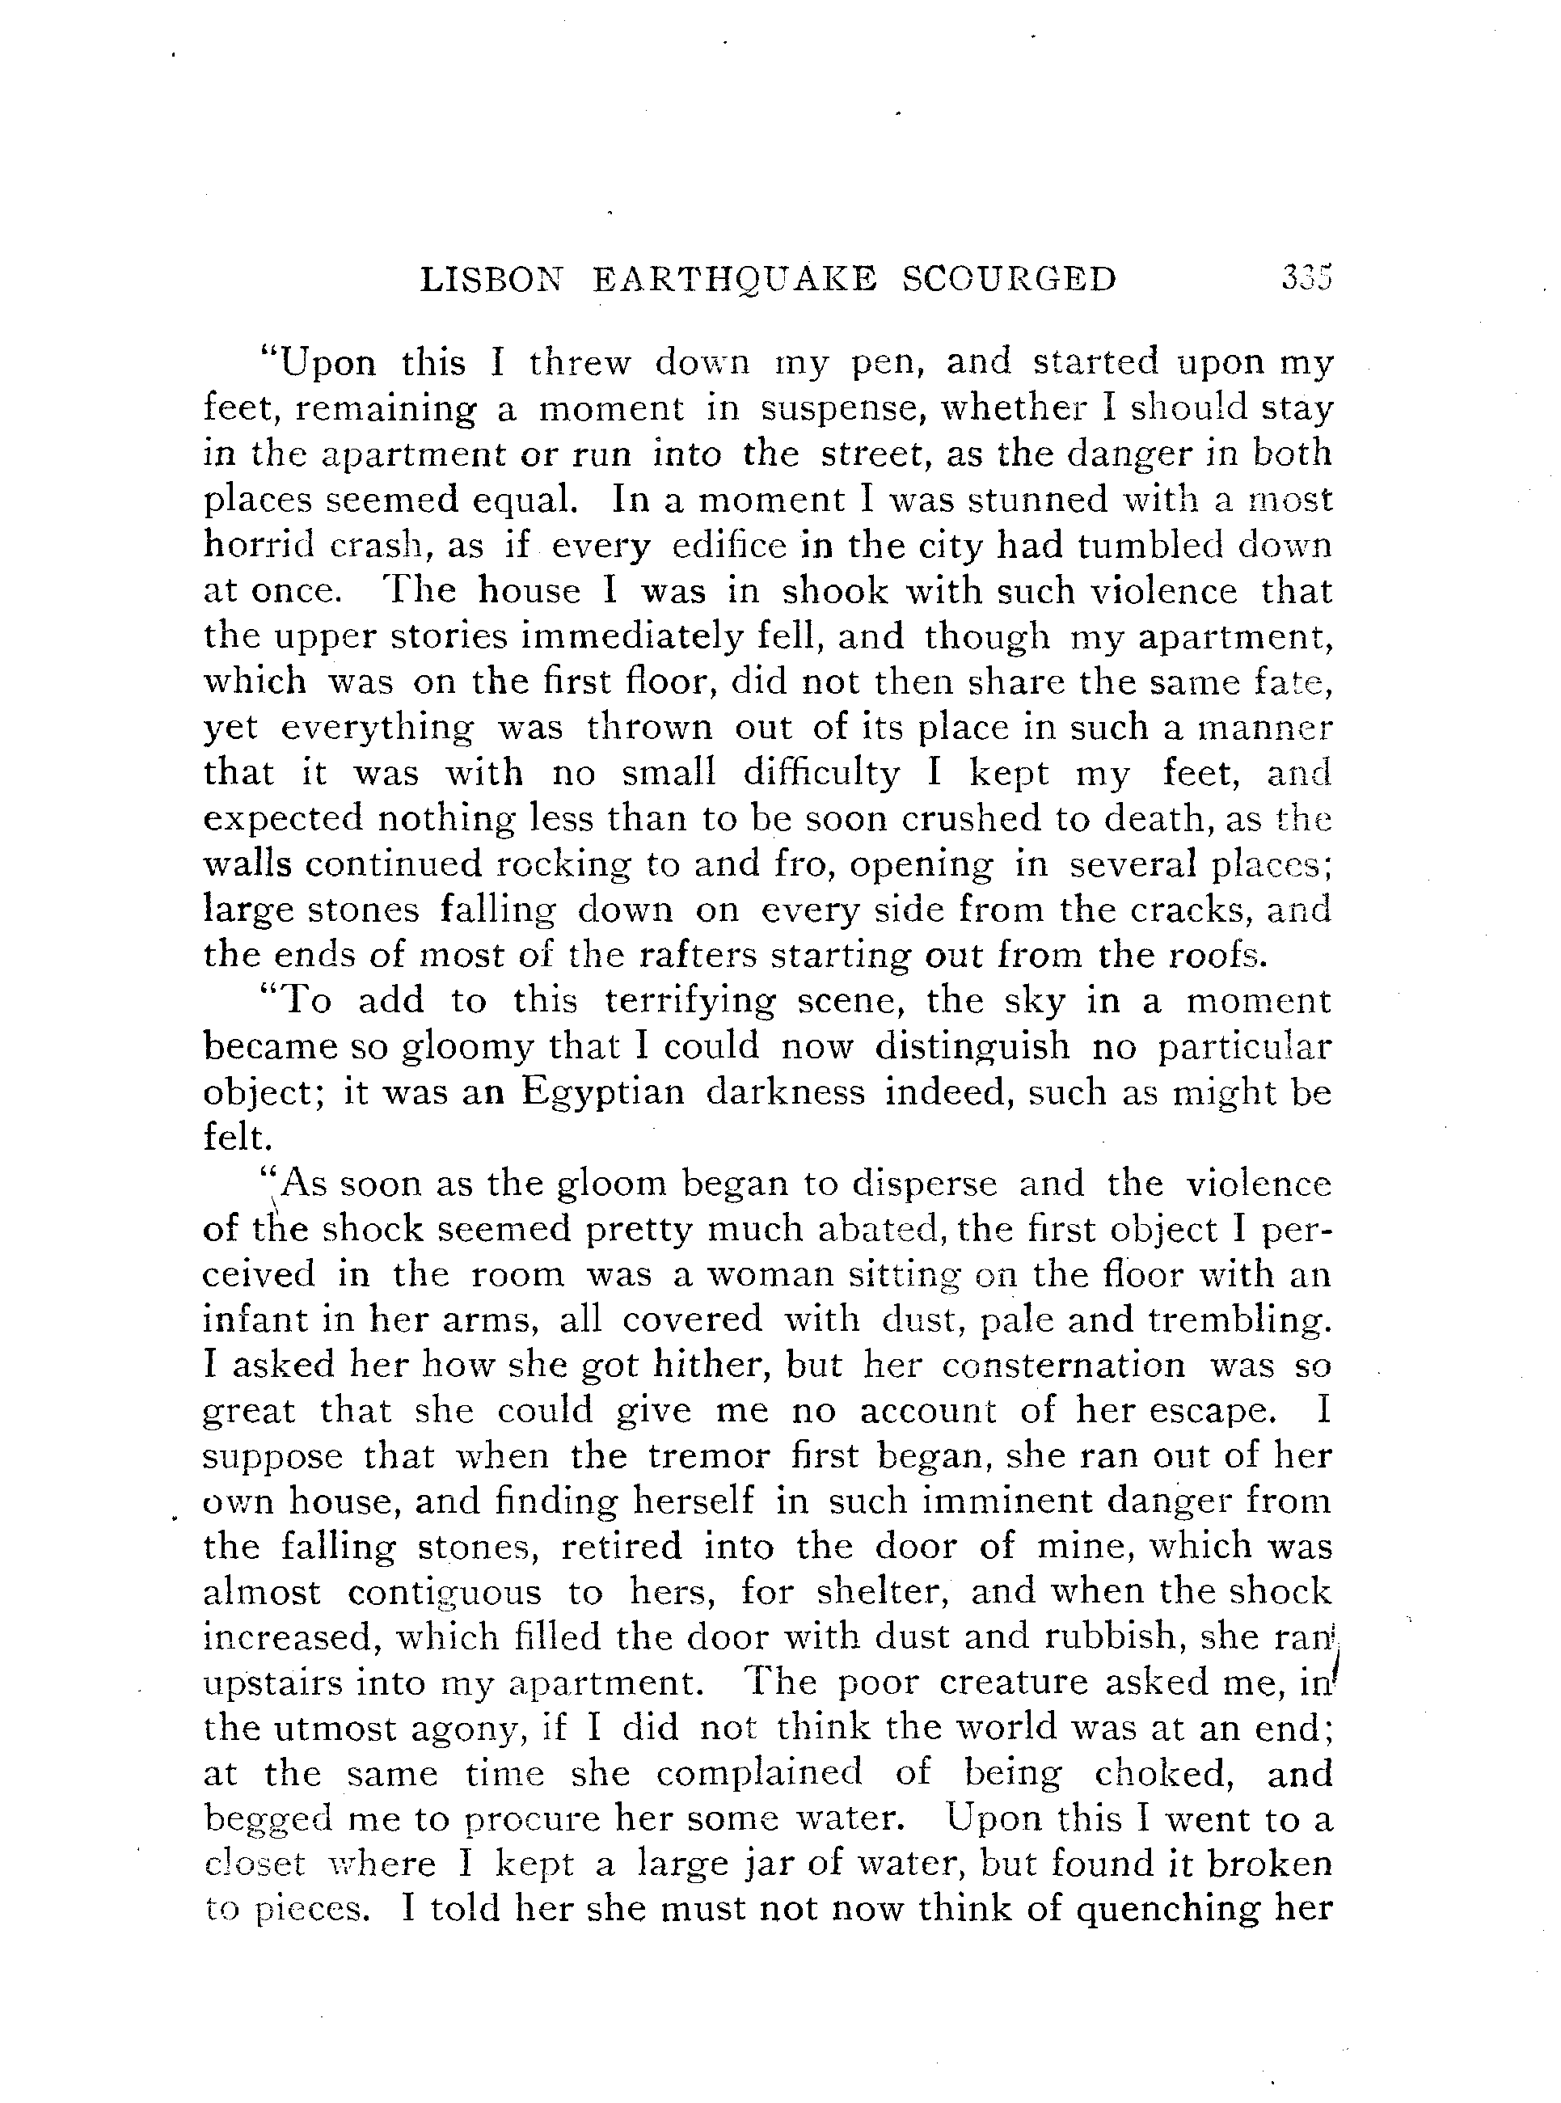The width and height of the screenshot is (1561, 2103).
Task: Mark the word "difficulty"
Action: click(821, 773)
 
